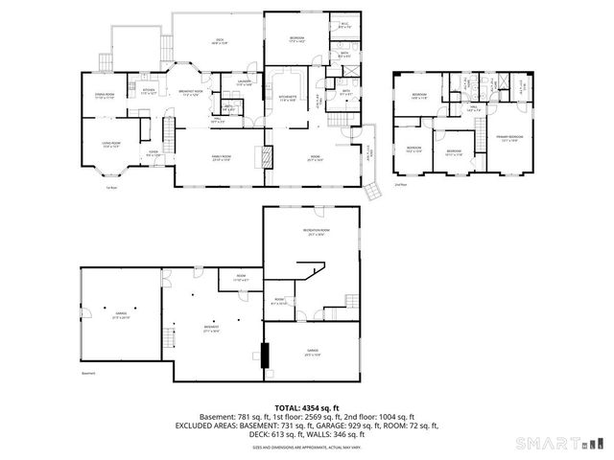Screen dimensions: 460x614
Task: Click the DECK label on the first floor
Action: [x=220, y=40]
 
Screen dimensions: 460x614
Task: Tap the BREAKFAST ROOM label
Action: [x=188, y=93]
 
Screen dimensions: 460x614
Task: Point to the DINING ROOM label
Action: [x=104, y=95]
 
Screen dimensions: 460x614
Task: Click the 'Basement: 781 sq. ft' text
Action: [x=233, y=417]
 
